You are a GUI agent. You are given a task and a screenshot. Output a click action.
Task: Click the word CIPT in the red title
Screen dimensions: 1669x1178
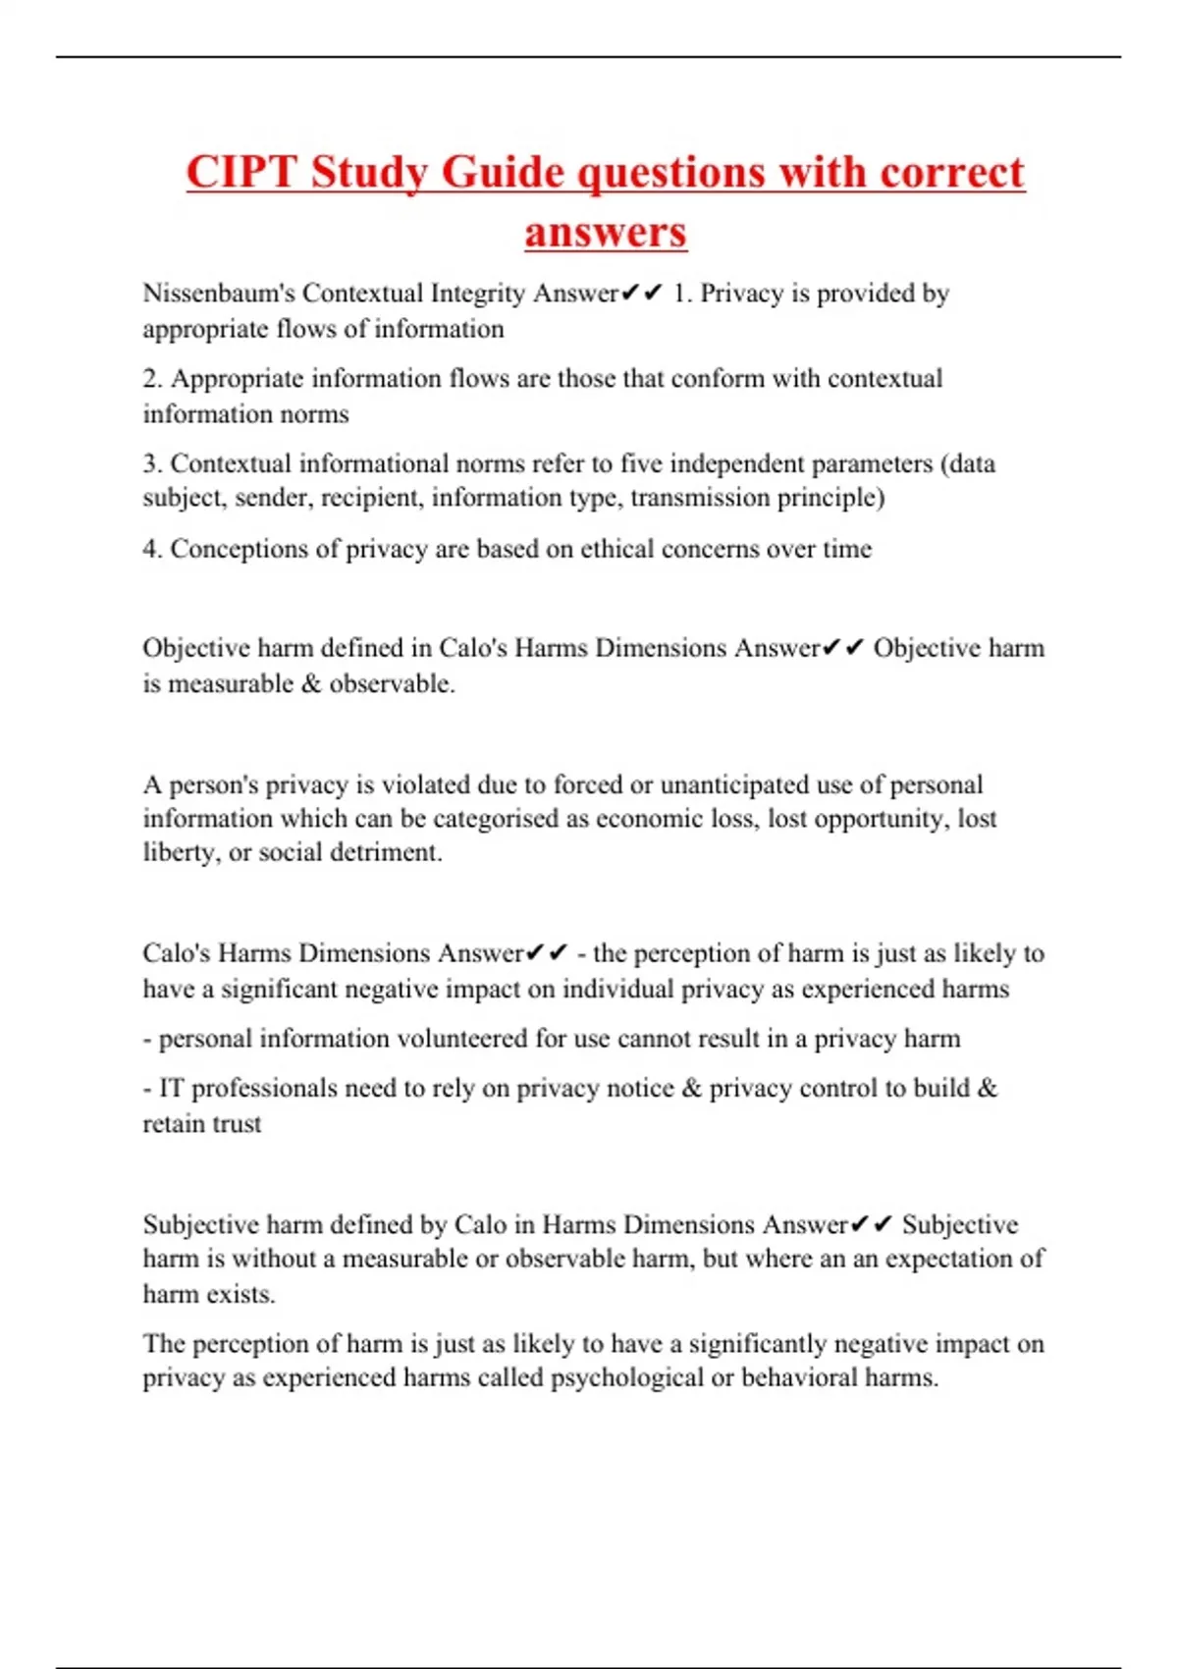(241, 173)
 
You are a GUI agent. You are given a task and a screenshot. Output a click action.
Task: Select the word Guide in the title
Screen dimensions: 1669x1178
(502, 173)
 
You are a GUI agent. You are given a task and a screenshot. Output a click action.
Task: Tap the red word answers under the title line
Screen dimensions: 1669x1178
(605, 233)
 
